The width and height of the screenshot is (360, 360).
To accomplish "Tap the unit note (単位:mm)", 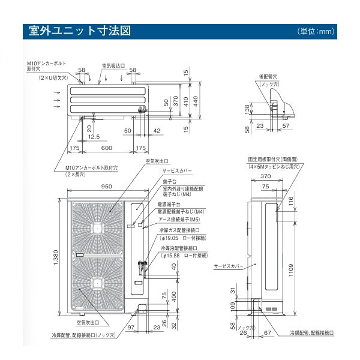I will (x=315, y=31).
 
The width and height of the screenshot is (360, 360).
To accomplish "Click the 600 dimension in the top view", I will (x=106, y=148).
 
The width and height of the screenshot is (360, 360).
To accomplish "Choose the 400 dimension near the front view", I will (x=173, y=298).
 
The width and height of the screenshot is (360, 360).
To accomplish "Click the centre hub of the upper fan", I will (x=97, y=229).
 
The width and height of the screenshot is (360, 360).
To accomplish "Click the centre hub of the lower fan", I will (x=97, y=282).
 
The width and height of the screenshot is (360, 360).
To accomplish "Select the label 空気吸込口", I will (x=112, y=65).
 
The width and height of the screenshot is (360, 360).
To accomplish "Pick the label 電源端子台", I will (x=171, y=205).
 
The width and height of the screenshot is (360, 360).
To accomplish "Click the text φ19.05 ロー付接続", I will (x=183, y=237).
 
